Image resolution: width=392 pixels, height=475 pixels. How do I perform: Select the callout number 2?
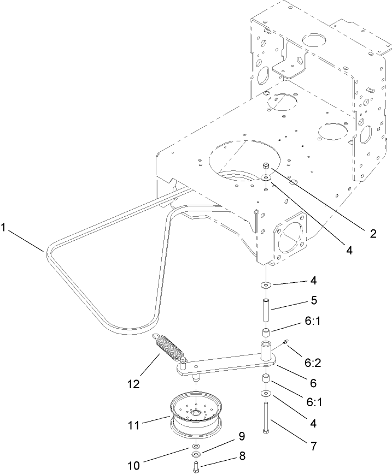click(x=373, y=234)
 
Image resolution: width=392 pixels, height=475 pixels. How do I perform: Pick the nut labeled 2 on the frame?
click(x=265, y=166)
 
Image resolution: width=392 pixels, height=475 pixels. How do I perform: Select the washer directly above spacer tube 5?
click(x=266, y=285)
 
